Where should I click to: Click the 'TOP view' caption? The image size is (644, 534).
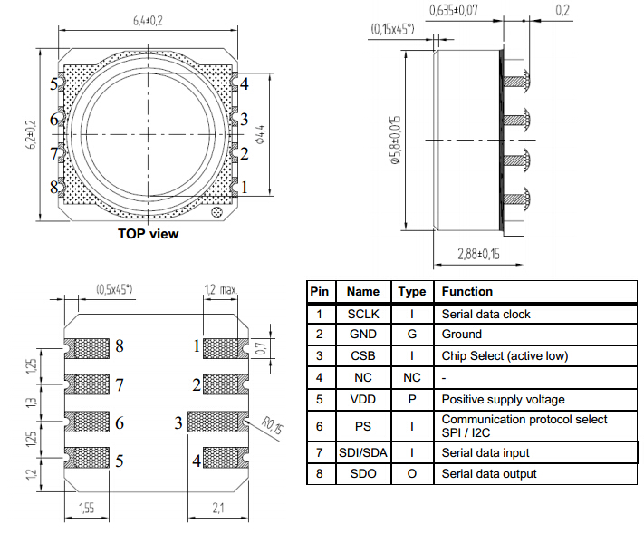[x=148, y=234]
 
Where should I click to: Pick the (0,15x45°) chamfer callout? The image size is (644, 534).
[x=392, y=29]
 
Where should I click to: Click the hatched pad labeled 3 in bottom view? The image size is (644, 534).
[x=216, y=422]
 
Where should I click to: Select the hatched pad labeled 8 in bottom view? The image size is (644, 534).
[x=86, y=346]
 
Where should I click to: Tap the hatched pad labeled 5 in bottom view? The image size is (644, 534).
[x=86, y=460]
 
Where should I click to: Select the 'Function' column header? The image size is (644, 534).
[x=467, y=291]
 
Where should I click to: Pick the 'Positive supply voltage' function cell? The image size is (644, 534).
[x=502, y=399]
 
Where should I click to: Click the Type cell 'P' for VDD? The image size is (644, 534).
[x=411, y=399]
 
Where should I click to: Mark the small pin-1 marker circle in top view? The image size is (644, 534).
[x=216, y=213]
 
